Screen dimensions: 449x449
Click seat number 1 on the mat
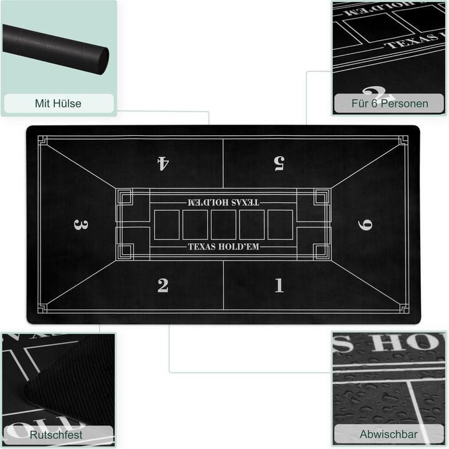279,286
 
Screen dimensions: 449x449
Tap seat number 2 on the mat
163,286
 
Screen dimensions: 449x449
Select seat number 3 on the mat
79,224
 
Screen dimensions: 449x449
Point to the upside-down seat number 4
163,163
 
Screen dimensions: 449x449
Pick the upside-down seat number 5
279,163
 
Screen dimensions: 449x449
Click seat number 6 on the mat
367,224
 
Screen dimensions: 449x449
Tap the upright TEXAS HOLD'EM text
223,247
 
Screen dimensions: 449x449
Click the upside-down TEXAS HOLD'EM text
223,202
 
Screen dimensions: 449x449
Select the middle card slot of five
223,224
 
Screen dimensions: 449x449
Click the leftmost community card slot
166,224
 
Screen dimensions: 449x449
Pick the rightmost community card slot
281,224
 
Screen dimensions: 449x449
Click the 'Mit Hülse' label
58,104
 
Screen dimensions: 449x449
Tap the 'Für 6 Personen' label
389,104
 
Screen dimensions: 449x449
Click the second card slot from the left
195,224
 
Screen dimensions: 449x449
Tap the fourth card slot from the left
252,224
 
